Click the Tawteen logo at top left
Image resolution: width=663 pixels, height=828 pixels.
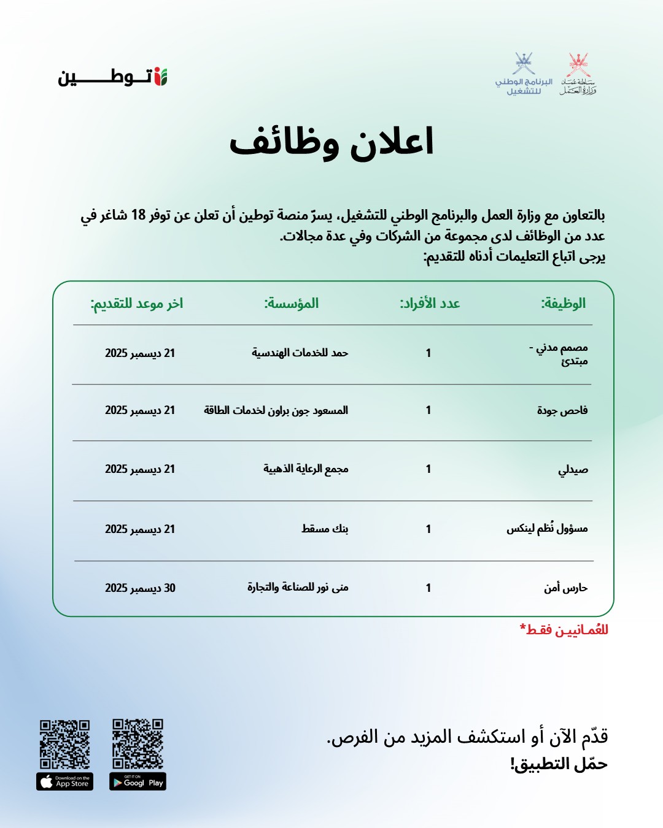[113, 77]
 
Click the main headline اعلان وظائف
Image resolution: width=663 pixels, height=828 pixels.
[331, 142]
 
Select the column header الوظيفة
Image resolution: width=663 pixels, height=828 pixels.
[563, 303]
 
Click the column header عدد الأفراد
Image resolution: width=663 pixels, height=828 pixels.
[430, 303]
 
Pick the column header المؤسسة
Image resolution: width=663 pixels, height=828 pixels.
[292, 303]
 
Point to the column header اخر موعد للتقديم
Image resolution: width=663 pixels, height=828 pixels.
[137, 303]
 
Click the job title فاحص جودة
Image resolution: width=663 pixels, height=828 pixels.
[562, 410]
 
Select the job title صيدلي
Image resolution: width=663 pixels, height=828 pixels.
[573, 469]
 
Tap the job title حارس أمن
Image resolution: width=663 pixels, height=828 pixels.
[565, 588]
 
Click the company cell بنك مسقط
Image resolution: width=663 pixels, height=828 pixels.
[325, 529]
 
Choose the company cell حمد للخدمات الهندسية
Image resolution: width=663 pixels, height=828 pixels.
[300, 353]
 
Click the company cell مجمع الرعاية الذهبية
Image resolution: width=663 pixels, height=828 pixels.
[306, 469]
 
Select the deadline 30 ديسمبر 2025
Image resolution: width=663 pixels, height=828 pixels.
[140, 588]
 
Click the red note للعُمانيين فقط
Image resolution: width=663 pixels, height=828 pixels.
[564, 630]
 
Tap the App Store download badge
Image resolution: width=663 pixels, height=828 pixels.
[64, 781]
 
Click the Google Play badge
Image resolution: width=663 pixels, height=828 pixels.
[138, 781]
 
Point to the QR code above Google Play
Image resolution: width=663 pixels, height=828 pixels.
[138, 743]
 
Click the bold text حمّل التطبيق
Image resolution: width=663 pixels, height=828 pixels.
[559, 764]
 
